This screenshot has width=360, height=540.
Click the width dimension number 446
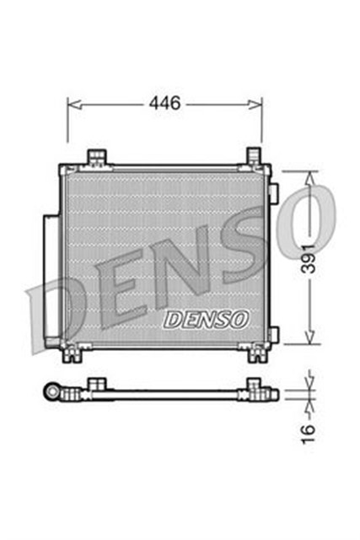(x=165, y=104)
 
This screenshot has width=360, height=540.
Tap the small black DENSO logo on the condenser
(x=205, y=320)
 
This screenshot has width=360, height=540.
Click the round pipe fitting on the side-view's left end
(x=53, y=392)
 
